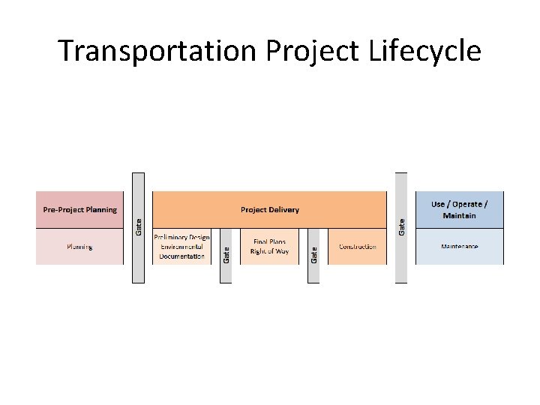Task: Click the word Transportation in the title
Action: coord(157,51)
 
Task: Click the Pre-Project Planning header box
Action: coord(79,210)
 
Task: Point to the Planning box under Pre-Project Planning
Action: coord(79,247)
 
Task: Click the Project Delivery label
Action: coord(269,210)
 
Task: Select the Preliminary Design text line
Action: coord(181,238)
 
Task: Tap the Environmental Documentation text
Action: coord(181,251)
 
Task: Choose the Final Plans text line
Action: coord(269,242)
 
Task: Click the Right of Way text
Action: coord(269,251)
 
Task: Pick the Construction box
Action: coord(357,247)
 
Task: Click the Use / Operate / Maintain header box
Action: coord(460,210)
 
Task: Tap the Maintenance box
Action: coord(460,247)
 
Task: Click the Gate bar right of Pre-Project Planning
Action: coord(138,227)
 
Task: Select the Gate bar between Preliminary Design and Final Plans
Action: coord(226,255)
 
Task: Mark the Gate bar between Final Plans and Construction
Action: coord(313,255)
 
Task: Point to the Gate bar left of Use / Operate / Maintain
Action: coord(401,227)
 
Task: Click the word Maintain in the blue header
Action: coord(460,216)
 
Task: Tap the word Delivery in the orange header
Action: coord(285,210)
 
